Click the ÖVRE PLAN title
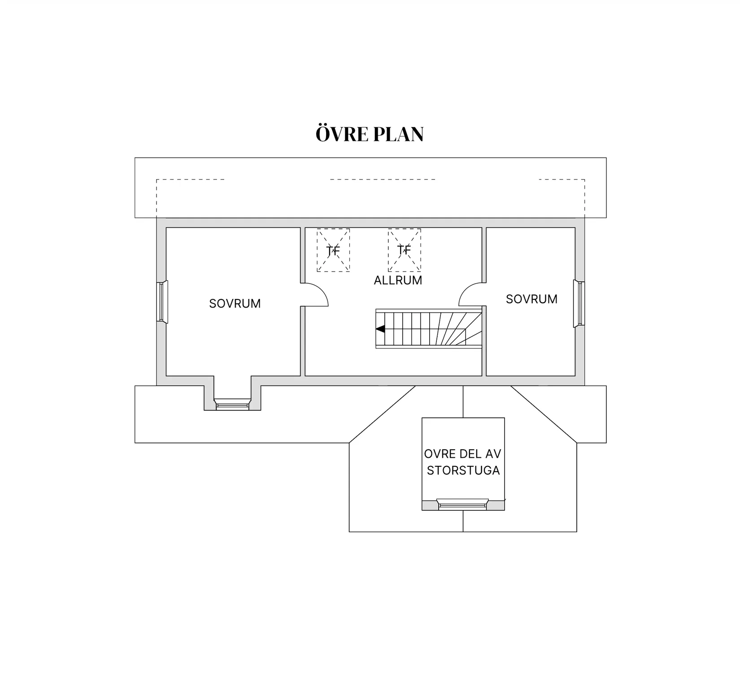pyautogui.click(x=370, y=134)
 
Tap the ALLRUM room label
pyautogui.click(x=398, y=280)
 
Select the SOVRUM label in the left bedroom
pyautogui.click(x=235, y=303)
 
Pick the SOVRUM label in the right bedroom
pyautogui.click(x=531, y=299)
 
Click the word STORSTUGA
pyautogui.click(x=463, y=470)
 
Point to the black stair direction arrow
pyautogui.click(x=380, y=329)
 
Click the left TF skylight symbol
pyautogui.click(x=333, y=250)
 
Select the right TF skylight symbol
pyautogui.click(x=404, y=250)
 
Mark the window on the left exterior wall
pyautogui.click(x=162, y=302)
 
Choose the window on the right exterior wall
pyautogui.click(x=579, y=304)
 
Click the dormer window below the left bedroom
pyautogui.click(x=232, y=404)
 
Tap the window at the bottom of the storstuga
pyautogui.click(x=463, y=505)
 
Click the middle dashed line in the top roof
pyautogui.click(x=383, y=180)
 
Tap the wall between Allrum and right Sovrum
pyautogui.click(x=484, y=302)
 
